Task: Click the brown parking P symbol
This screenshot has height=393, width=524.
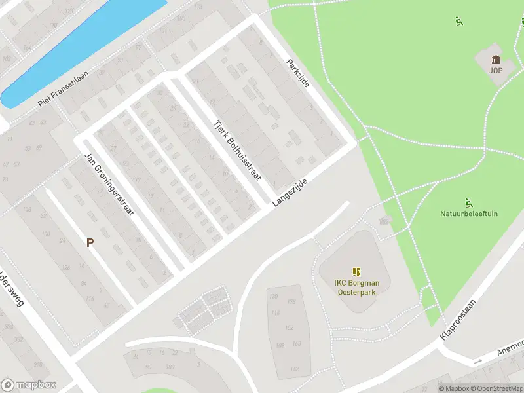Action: [x=90, y=242]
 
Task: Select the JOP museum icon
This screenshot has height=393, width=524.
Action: [x=496, y=60]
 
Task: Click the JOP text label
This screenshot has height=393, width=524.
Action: [x=496, y=70]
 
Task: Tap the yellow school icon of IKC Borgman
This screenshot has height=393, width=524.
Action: [x=356, y=271]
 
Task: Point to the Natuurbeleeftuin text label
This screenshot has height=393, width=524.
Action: [x=469, y=213]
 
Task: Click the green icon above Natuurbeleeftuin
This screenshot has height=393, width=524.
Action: [x=468, y=201]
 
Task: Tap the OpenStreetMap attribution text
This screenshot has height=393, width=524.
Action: [x=491, y=388]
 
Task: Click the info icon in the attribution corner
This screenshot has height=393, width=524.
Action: [x=441, y=388]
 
